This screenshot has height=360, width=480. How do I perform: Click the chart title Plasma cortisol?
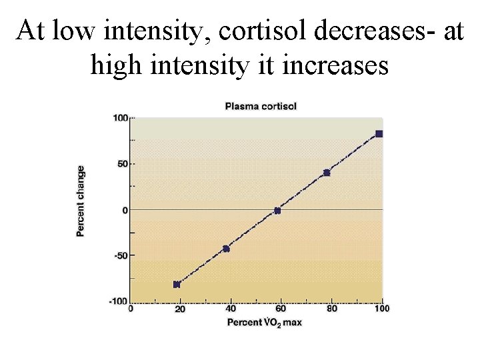tap(261, 106)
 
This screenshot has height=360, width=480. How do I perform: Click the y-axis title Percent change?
tap(80, 201)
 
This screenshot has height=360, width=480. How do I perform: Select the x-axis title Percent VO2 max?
tap(265, 323)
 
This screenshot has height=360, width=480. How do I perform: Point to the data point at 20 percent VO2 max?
tap(177, 285)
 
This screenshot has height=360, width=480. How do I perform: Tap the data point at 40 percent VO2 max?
tap(226, 249)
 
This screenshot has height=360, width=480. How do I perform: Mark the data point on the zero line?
tap(277, 211)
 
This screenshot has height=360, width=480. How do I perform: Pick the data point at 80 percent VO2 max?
tap(327, 173)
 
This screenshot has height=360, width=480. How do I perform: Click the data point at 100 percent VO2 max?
tap(379, 134)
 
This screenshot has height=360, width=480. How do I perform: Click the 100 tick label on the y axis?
tap(119, 118)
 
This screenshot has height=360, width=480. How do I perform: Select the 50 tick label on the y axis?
tap(122, 163)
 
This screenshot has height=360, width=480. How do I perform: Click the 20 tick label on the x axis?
tap(180, 309)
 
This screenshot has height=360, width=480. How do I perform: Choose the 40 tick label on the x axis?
tap(230, 309)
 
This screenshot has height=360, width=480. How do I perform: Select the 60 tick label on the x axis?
tap(281, 309)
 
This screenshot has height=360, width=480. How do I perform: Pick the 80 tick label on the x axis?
tap(331, 309)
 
